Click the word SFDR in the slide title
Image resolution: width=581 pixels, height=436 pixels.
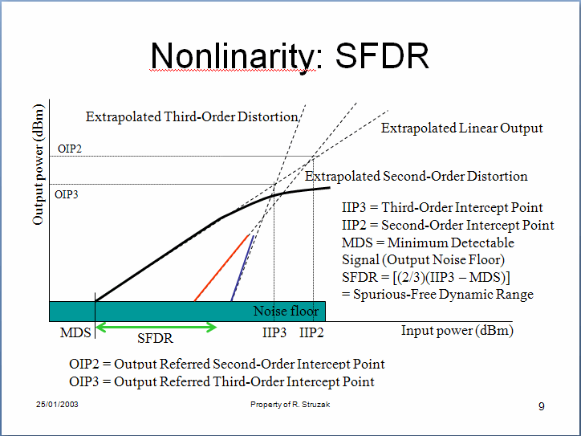382,55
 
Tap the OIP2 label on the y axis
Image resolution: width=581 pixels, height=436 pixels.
70,149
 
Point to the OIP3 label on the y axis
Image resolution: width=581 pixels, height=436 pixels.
67,194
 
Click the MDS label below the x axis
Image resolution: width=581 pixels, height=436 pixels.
75,332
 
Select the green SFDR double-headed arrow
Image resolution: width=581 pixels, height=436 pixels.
156,327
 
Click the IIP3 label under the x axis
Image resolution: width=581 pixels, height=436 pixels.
274,332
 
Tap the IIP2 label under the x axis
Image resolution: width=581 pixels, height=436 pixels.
311,332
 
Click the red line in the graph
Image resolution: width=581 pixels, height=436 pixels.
221,267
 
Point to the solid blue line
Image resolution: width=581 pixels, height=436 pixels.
242,268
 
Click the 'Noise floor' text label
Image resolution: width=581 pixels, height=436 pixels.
286,311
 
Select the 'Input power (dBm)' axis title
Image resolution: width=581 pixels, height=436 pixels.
457,330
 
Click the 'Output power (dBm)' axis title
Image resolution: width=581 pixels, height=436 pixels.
39,165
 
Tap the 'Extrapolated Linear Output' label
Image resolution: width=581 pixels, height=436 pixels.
461,128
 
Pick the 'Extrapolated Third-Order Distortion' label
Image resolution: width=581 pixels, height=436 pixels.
192,116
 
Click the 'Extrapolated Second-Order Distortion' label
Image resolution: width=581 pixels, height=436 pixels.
416,176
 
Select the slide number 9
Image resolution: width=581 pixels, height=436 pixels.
542,407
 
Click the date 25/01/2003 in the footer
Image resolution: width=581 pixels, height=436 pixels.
57,404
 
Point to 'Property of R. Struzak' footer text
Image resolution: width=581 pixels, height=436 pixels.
290,405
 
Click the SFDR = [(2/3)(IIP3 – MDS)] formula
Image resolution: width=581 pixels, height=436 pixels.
426,277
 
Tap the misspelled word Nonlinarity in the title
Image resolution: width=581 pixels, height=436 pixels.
234,56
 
